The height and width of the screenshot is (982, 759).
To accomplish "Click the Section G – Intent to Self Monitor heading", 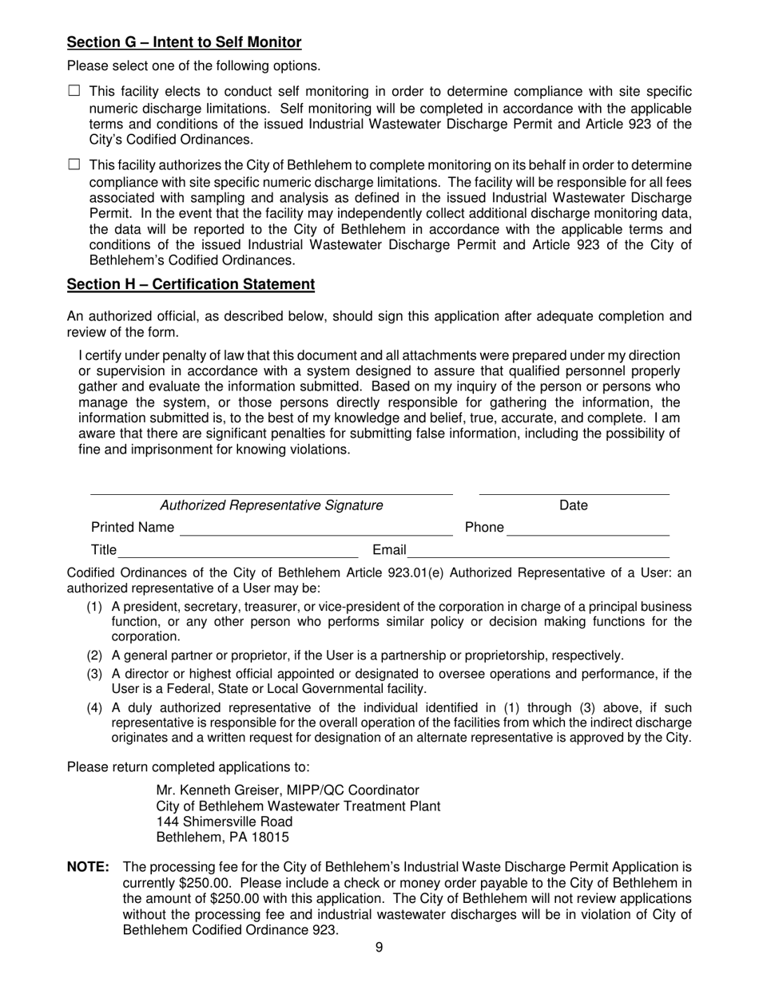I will pos(184,42).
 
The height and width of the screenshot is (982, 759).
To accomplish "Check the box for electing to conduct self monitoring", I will pos(74,92).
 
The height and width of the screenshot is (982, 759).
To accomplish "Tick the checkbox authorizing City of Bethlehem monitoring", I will pos(74,165).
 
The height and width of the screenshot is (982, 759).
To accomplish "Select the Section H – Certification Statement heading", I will pos(190,284).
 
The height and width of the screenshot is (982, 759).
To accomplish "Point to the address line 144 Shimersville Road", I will pos(225,822).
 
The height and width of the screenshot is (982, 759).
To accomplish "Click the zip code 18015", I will pos(271,837).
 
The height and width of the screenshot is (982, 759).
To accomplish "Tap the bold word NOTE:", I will pos(88,868).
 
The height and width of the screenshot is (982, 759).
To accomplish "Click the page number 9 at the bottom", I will pos(379,948).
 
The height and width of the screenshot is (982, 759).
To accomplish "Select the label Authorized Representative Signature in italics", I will pos(272,505).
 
